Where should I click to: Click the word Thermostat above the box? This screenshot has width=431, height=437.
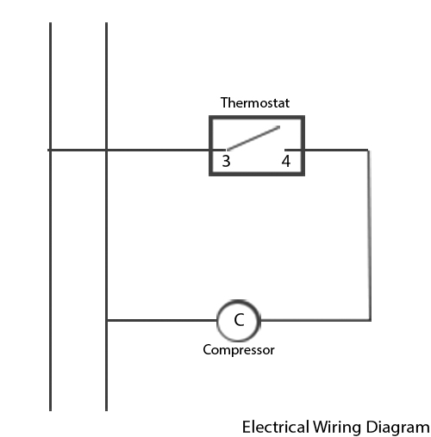pos(255,102)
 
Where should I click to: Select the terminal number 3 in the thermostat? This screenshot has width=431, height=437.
pos(226,161)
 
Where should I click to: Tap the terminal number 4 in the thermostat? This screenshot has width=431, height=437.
pos(286,161)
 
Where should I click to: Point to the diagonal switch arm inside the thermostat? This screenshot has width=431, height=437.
pos(253,138)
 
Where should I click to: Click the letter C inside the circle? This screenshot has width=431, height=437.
pos(239,320)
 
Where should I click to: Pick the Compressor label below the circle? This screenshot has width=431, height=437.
pos(239,350)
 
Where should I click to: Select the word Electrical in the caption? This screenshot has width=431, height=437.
pos(276,427)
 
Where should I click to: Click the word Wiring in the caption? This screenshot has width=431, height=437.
pos(337,428)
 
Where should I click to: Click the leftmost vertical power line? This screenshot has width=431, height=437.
pos(51,217)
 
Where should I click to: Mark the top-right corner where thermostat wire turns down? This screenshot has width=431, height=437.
pos(369,150)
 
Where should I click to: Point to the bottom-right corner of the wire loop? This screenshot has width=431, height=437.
pos(370,320)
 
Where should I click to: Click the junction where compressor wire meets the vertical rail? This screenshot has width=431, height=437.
pos(107,320)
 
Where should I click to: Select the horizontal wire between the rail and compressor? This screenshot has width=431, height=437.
pos(162,320)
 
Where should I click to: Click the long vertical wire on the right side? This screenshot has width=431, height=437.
pos(370,235)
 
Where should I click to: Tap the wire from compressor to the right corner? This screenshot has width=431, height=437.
pos(315,320)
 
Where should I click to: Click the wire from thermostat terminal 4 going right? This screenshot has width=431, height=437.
pos(327,150)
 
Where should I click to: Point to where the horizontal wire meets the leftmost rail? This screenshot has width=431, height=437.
pos(51,150)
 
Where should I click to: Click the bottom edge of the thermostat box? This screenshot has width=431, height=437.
pos(257,174)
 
